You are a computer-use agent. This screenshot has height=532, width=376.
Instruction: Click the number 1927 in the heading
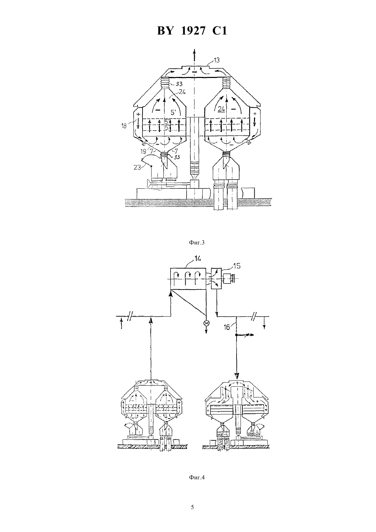pos(192,31)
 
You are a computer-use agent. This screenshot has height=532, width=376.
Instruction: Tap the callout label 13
pos(216,60)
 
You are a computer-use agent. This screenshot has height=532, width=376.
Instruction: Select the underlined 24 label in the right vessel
pos(221,109)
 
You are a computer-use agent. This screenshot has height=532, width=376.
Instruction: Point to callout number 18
pos(124,126)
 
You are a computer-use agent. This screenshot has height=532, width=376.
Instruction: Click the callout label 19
pos(143,151)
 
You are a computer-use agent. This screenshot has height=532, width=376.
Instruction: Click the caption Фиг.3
pos(197,242)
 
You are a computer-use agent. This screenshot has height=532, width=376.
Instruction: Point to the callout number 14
pos(198,258)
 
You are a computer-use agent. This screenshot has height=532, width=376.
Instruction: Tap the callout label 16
pos(227,327)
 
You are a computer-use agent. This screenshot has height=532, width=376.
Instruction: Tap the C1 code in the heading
pos(219,31)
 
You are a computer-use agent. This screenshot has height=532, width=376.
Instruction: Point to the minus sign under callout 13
pos(194,72)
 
